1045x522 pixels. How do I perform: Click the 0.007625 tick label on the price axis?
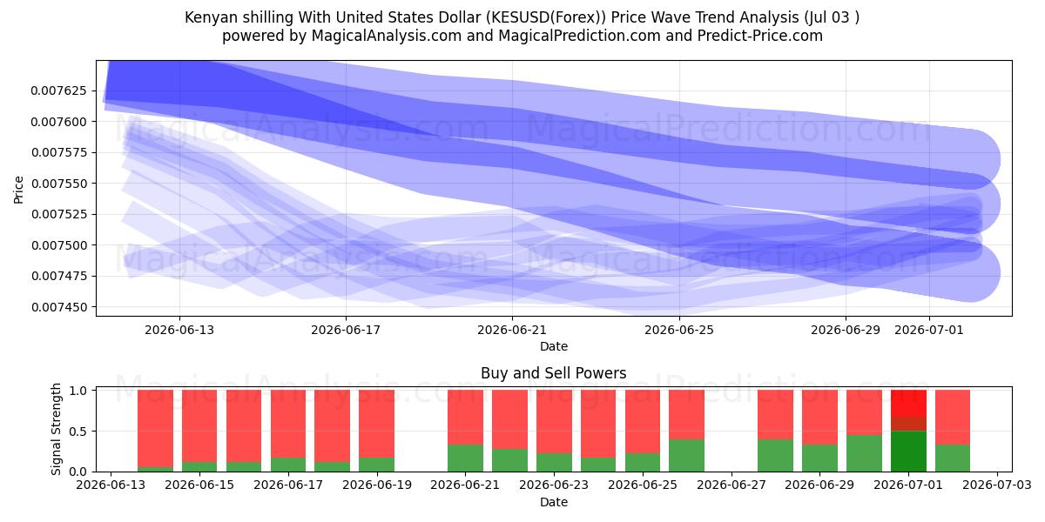click(59, 90)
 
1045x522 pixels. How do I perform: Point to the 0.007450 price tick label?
click(59, 307)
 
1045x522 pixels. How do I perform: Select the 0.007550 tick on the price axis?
click(59, 184)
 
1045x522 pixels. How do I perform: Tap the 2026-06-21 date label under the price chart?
click(512, 330)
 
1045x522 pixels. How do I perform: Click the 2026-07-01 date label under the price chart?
click(929, 330)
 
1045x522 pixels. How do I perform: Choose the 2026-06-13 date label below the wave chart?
click(179, 330)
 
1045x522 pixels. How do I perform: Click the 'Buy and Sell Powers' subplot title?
click(553, 373)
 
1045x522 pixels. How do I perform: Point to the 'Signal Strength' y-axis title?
click(56, 429)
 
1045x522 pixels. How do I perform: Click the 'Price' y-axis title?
click(18, 190)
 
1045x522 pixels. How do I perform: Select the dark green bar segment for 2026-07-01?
click(908, 452)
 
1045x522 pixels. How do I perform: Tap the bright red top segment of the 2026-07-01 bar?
click(908, 403)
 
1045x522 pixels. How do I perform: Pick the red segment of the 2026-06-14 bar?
click(155, 428)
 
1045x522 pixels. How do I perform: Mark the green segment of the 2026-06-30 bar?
click(864, 453)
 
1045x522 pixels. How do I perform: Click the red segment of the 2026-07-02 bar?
click(953, 417)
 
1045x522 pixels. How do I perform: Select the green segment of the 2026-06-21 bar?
click(465, 458)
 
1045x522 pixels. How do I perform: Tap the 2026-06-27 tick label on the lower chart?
click(731, 485)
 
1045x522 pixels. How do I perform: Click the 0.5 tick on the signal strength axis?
click(80, 432)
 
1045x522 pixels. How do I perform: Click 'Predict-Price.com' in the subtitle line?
click(760, 36)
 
